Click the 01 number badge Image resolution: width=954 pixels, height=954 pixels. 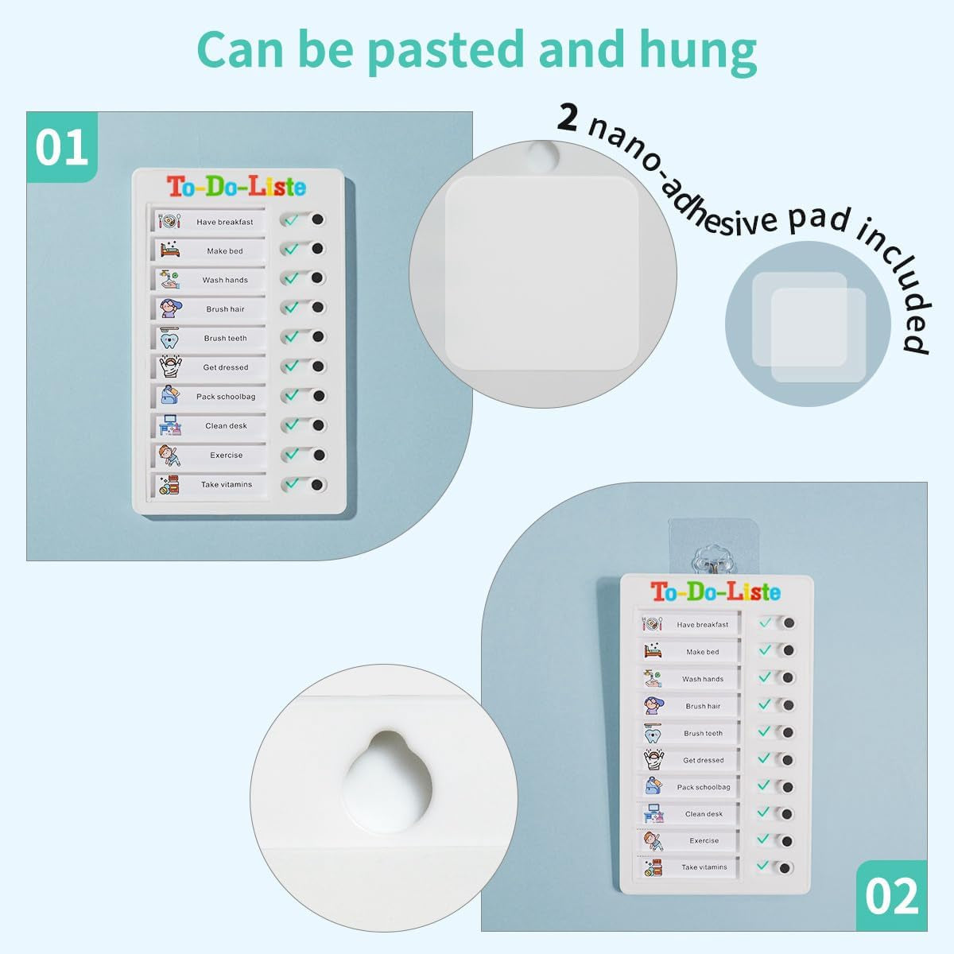62,147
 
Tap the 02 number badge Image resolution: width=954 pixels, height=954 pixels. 891,896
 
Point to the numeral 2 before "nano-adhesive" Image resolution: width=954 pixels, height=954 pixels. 567,118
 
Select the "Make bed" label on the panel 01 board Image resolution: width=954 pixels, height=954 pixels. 225,251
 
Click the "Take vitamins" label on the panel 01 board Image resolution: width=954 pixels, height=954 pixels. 227,485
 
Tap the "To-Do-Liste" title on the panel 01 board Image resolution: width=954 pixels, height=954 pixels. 236,187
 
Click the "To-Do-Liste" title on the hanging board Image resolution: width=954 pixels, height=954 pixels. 715,592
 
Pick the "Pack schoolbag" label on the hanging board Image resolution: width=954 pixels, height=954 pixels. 704,787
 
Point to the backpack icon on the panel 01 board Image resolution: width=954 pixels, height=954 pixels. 169,395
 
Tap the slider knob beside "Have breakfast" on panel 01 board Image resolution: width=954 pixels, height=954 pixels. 318,220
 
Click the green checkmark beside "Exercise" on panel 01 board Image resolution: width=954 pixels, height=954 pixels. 292,454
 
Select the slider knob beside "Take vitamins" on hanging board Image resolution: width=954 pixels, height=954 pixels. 785,868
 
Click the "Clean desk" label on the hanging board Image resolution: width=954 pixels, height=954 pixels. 704,814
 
